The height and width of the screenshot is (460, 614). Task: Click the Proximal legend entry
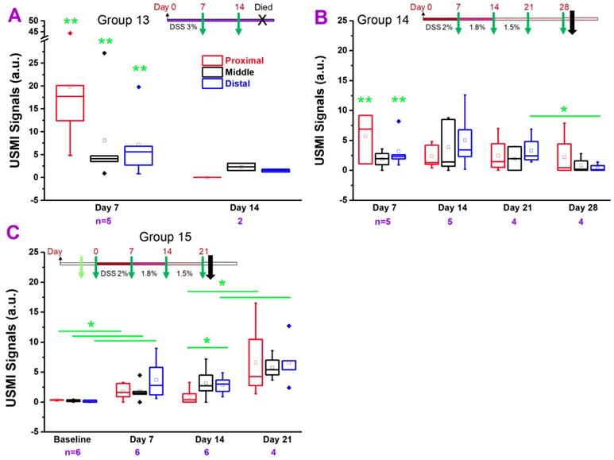tap(244, 60)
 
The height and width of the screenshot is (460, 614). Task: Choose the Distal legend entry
tap(241, 84)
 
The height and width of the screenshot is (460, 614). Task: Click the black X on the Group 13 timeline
tap(263, 20)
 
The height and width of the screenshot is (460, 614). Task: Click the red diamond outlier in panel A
tap(70, 33)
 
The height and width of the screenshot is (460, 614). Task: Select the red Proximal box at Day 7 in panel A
tap(70, 102)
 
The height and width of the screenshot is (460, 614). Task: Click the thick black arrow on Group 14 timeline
tap(573, 25)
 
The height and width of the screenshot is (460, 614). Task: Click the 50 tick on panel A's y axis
tap(21, 21)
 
